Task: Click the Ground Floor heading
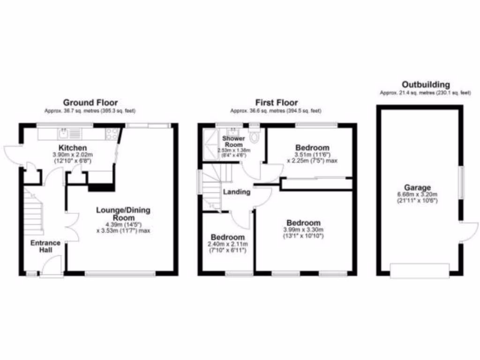90,102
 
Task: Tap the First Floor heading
276,102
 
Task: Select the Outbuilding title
426,85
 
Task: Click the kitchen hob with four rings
112,134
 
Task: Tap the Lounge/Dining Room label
123,214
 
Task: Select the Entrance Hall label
45,246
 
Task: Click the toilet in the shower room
255,136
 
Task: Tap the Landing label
236,192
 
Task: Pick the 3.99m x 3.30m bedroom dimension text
304,230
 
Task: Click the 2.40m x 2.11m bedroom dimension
228,244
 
